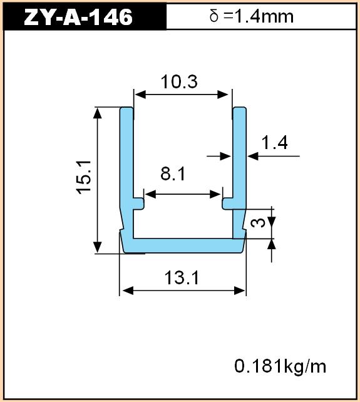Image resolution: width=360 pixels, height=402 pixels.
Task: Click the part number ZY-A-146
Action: pos(78,17)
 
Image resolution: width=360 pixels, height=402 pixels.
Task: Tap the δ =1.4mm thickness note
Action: pos(252,16)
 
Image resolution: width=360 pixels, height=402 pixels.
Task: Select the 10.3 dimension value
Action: pos(179,82)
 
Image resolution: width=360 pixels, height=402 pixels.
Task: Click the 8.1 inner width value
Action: pos(173,173)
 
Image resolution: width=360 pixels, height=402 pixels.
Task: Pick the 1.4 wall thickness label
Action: pos(274,143)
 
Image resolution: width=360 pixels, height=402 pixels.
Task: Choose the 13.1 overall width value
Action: pos(182,277)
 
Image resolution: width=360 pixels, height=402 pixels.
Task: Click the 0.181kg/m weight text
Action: pos(280,366)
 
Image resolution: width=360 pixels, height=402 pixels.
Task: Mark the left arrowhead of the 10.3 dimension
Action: pos(140,95)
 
